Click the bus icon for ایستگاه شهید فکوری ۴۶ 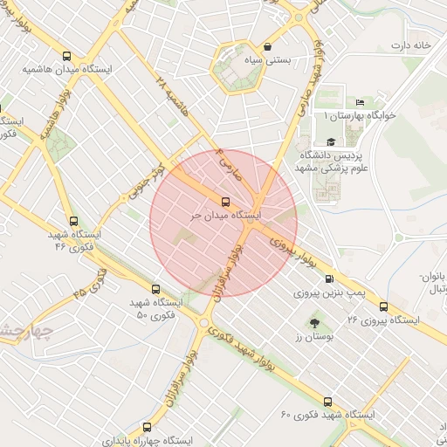click(x=72, y=222)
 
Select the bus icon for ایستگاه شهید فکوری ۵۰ click(x=156, y=289)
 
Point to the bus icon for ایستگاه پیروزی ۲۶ click(x=383, y=306)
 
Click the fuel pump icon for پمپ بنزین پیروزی click(x=328, y=279)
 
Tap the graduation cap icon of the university click(x=330, y=141)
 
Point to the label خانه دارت click(x=412, y=45)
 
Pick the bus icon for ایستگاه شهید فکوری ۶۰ click(x=327, y=401)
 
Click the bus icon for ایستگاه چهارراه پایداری click(x=146, y=427)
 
